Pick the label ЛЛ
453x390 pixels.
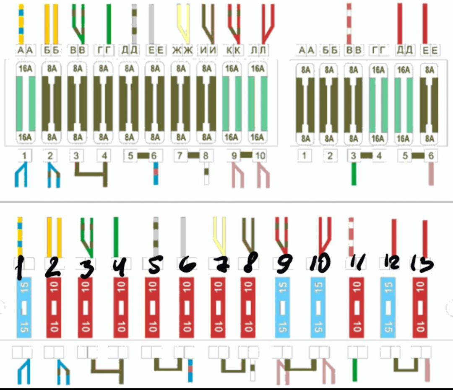click(x=258, y=51)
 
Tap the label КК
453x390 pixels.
click(x=233, y=51)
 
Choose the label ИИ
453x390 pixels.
click(x=208, y=51)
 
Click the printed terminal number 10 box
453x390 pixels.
click(x=260, y=156)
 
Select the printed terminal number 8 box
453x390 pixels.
click(x=206, y=156)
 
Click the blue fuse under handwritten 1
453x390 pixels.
click(x=24, y=307)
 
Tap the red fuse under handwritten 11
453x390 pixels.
click(x=357, y=307)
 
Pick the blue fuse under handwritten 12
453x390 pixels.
click(x=388, y=307)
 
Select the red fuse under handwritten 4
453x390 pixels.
click(x=121, y=307)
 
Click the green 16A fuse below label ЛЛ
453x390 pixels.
click(x=258, y=103)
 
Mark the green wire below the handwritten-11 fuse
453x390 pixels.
click(x=355, y=369)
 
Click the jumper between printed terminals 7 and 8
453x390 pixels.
click(x=193, y=155)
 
